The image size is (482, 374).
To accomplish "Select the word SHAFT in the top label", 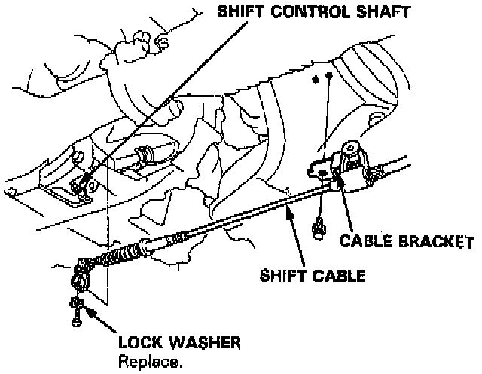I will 383,11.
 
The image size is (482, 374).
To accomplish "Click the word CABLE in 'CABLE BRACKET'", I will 365,242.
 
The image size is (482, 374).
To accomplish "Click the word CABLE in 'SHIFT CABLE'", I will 338,275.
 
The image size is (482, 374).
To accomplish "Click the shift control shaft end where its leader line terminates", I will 81,182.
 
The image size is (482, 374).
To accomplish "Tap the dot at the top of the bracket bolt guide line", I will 328,79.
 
